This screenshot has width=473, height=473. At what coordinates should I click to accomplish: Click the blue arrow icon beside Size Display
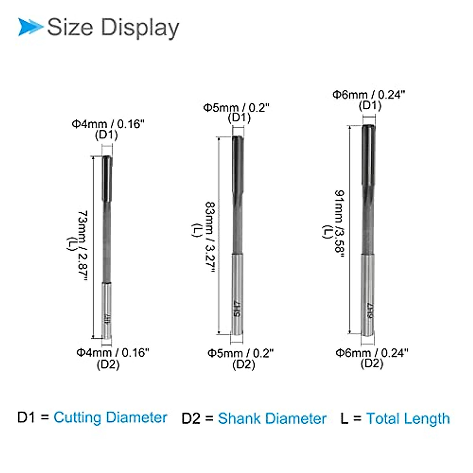30,27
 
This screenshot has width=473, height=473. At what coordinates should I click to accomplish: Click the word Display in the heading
140,28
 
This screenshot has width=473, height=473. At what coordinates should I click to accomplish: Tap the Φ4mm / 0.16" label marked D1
108,124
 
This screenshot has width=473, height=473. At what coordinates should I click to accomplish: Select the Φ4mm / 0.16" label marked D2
112,352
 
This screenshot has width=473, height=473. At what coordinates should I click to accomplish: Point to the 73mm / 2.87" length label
82,246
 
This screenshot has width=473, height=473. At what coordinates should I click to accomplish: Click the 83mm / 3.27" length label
210,237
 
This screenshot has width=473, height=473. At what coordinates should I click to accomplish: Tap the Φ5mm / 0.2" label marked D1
236,108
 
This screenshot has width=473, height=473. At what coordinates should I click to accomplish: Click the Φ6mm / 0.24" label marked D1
369,95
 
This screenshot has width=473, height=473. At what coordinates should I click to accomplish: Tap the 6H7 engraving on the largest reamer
369,311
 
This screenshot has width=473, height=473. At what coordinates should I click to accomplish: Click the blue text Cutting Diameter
110,417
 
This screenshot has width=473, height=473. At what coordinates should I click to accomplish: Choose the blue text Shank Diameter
272,418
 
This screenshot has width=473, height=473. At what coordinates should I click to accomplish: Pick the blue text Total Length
408,418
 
